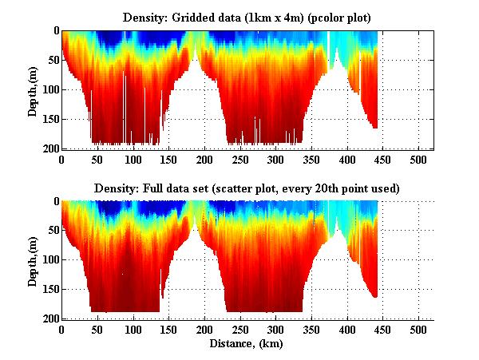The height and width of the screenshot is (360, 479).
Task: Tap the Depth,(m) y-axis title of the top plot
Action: (33, 89)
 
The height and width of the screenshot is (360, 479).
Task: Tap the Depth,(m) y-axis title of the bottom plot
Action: (33, 260)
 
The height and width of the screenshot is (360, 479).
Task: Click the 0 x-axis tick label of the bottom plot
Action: (62, 330)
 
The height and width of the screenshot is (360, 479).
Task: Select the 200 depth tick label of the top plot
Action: (50, 148)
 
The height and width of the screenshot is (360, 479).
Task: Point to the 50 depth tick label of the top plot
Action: (53, 61)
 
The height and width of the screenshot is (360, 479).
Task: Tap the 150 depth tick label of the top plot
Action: (50, 119)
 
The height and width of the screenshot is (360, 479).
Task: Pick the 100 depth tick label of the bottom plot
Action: (50, 260)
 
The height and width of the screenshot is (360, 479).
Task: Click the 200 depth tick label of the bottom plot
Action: (50, 318)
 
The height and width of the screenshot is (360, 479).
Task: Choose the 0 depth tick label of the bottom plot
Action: (55, 202)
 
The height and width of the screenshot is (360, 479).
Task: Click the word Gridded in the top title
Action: (196, 17)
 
